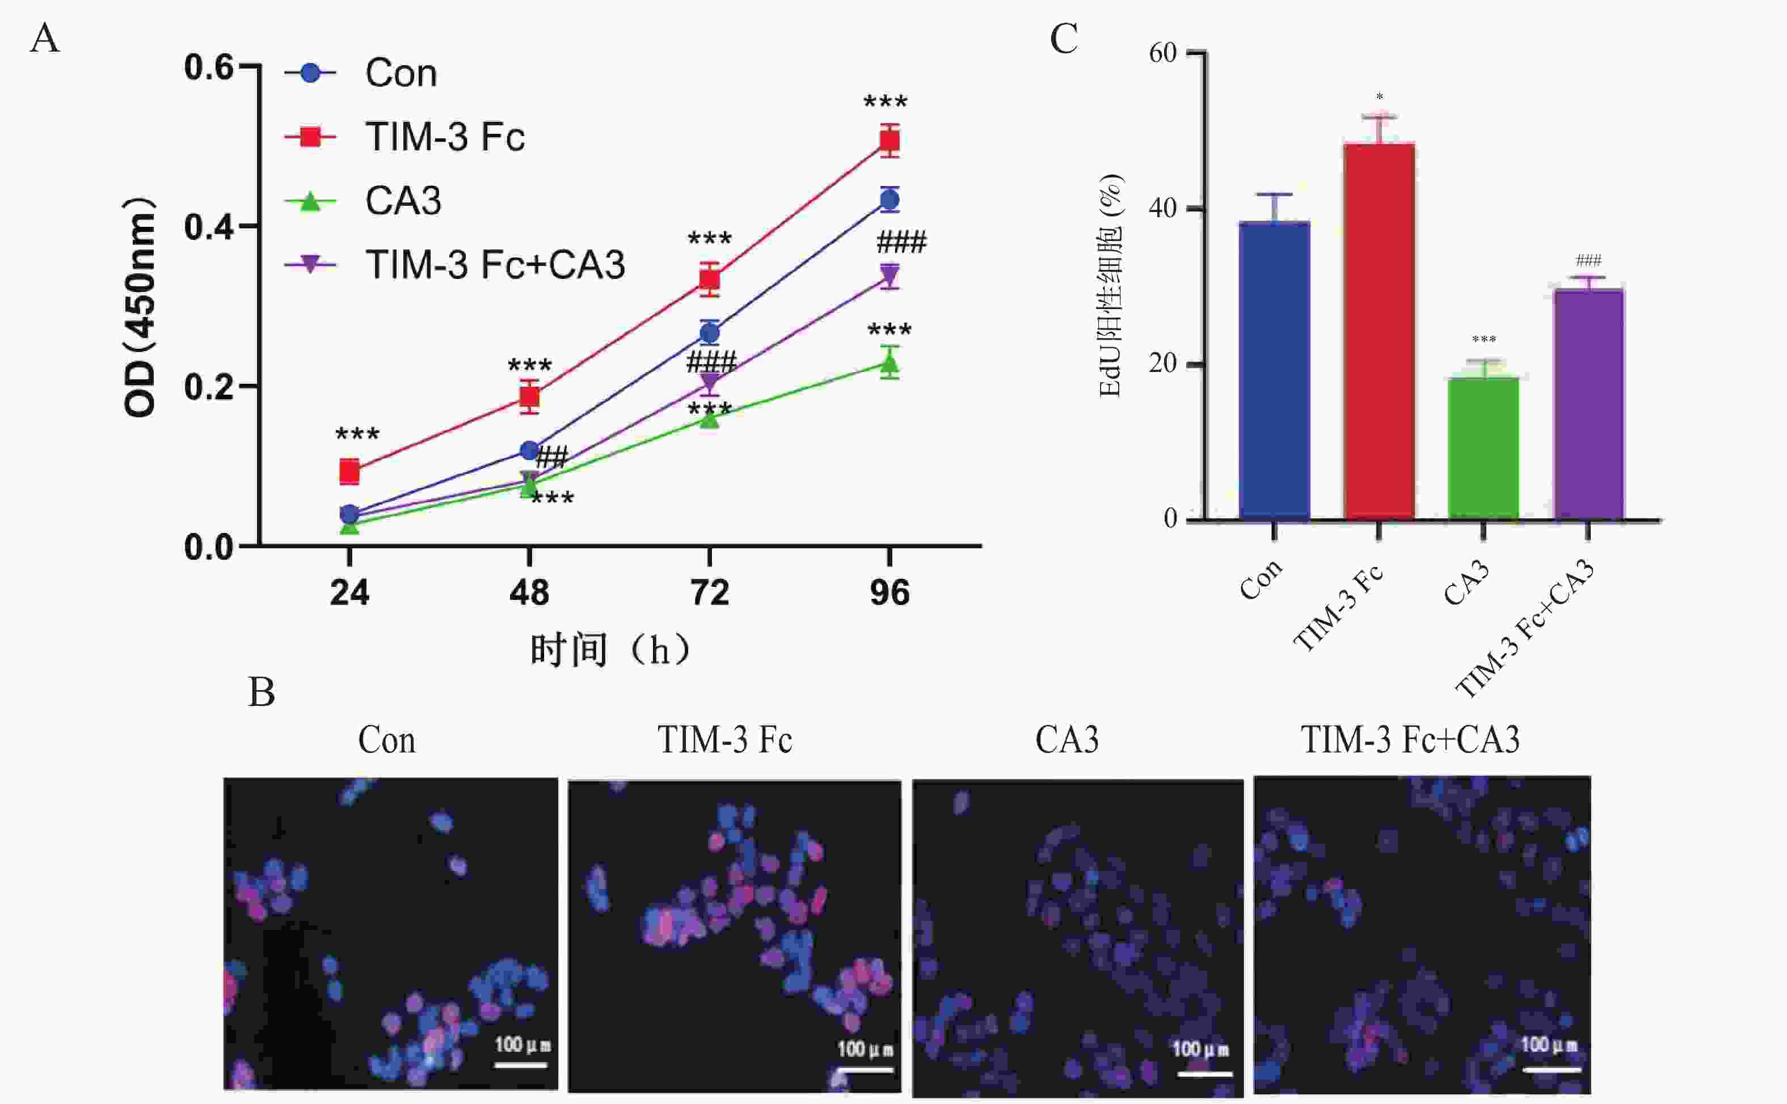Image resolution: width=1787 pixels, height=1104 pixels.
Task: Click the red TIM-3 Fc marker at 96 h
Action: (x=889, y=140)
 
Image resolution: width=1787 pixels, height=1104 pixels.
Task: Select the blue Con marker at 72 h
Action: (x=709, y=333)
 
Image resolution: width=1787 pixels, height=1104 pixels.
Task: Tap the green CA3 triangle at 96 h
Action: (x=889, y=363)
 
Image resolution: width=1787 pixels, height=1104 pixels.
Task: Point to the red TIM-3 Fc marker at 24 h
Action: (x=350, y=472)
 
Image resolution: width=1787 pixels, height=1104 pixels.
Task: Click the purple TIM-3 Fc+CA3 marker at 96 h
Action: (x=889, y=275)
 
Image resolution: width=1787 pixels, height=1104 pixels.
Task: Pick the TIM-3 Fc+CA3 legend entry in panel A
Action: (x=494, y=264)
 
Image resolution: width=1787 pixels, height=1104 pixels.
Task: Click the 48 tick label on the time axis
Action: (x=529, y=592)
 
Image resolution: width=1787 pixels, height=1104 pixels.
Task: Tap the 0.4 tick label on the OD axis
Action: (x=208, y=227)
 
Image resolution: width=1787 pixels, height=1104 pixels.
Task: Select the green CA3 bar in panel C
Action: (x=1483, y=449)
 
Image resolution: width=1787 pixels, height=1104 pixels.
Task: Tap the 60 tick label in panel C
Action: (x=1162, y=53)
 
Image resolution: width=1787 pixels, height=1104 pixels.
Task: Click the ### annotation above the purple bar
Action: (x=1588, y=261)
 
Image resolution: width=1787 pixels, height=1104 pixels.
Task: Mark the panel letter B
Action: (x=262, y=692)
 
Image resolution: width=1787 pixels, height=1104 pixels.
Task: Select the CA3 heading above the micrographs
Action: (x=1067, y=739)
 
